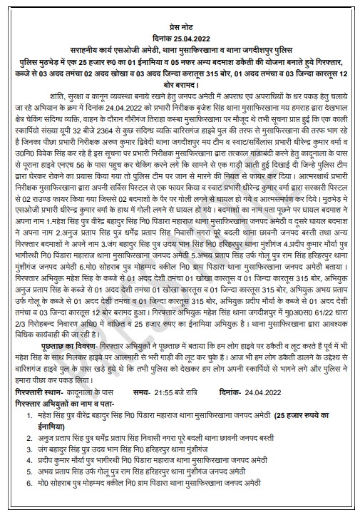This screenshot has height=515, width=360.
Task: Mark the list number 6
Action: [25, 492]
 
